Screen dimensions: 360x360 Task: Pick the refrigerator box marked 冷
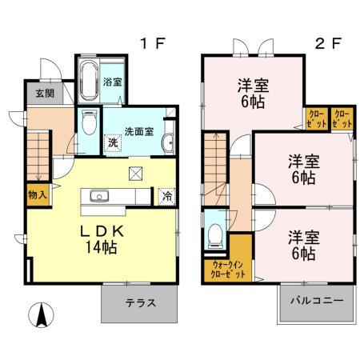(x=167, y=194)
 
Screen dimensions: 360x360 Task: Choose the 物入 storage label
(x=37, y=194)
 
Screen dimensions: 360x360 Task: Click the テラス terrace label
(x=139, y=304)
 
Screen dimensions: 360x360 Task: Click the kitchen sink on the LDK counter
(x=102, y=194)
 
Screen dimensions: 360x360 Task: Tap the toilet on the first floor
(x=90, y=124)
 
